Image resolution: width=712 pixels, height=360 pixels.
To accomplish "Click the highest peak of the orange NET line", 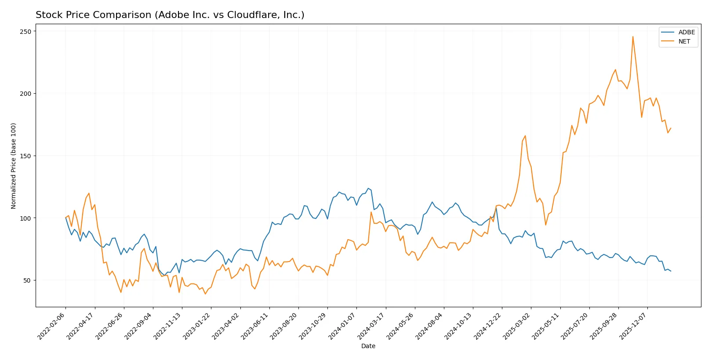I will click(x=633, y=36).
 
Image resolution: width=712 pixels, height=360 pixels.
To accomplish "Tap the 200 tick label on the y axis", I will click(x=25, y=94).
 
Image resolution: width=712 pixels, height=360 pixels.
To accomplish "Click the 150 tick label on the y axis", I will click(x=25, y=156).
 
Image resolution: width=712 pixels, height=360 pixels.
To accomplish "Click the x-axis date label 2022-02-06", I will click(x=52, y=326).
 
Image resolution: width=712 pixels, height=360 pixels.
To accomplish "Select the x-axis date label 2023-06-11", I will click(x=255, y=326).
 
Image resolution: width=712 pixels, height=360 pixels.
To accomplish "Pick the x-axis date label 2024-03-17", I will click(x=371, y=326).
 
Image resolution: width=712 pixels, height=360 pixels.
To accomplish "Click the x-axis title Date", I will click(x=368, y=346).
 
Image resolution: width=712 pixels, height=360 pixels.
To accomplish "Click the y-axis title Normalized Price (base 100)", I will click(x=14, y=166).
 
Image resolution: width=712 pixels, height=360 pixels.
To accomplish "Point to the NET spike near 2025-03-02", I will click(x=525, y=136).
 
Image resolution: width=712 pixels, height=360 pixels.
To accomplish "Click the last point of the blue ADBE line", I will click(x=671, y=271).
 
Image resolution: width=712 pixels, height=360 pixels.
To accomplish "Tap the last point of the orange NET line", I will click(x=671, y=128).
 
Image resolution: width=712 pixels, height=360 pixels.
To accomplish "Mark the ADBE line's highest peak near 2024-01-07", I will click(x=369, y=188).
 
